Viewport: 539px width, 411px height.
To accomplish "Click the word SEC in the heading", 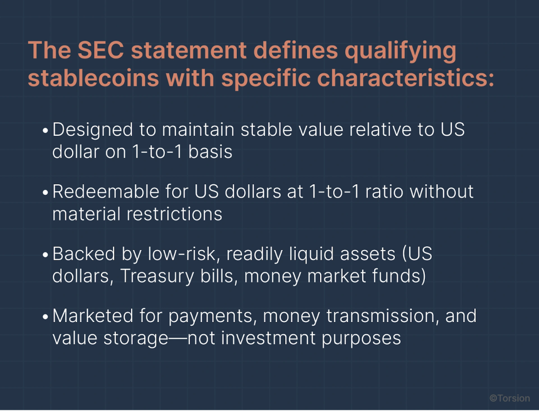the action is pyautogui.click(x=101, y=50).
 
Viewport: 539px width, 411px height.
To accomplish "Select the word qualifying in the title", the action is pyautogui.click(x=401, y=52).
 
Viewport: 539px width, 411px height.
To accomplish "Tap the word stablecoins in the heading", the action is pyautogui.click(x=94, y=78).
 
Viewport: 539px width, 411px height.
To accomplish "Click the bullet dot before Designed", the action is pyautogui.click(x=45, y=131).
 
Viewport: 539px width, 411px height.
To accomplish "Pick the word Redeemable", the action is pyautogui.click(x=106, y=192).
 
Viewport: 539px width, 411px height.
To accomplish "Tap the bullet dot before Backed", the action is pyautogui.click(x=45, y=255).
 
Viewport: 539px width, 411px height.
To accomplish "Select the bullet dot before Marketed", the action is pyautogui.click(x=45, y=317).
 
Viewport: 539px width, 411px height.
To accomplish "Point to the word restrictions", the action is pyautogui.click(x=174, y=214).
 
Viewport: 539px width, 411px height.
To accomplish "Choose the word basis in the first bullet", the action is pyautogui.click(x=211, y=152).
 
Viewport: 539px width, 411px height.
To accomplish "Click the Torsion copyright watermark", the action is pyautogui.click(x=510, y=398).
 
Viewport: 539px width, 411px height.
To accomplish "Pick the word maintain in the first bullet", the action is pyautogui.click(x=198, y=129).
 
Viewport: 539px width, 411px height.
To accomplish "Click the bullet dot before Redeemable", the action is pyautogui.click(x=45, y=193).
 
